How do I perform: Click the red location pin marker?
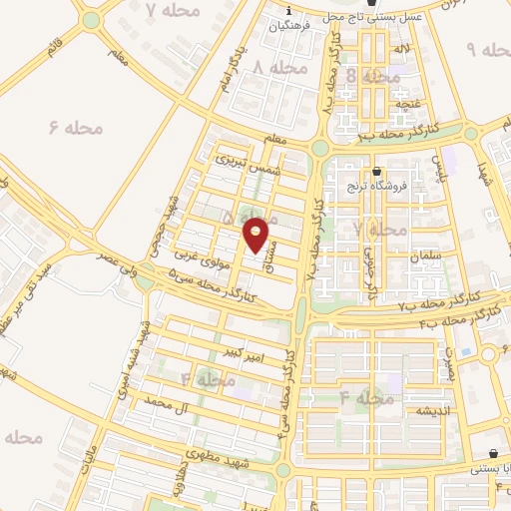pyautogui.click(x=256, y=235)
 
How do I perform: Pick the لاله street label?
pyautogui.click(x=402, y=47)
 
